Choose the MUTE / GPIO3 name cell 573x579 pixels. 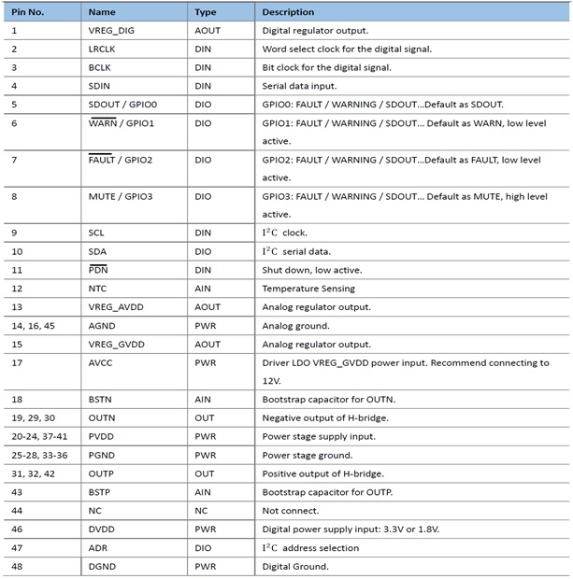(x=122, y=196)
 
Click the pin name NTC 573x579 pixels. (x=98, y=289)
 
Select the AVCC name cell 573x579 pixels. (x=101, y=362)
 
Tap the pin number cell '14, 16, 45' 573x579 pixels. (x=33, y=326)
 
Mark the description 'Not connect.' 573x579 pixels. (x=291, y=511)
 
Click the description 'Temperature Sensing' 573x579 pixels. (x=306, y=289)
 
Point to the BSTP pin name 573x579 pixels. (x=101, y=492)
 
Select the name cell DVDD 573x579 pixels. (x=102, y=530)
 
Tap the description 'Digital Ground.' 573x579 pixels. (x=295, y=566)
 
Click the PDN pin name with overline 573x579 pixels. (x=99, y=270)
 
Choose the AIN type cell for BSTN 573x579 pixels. (x=203, y=399)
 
